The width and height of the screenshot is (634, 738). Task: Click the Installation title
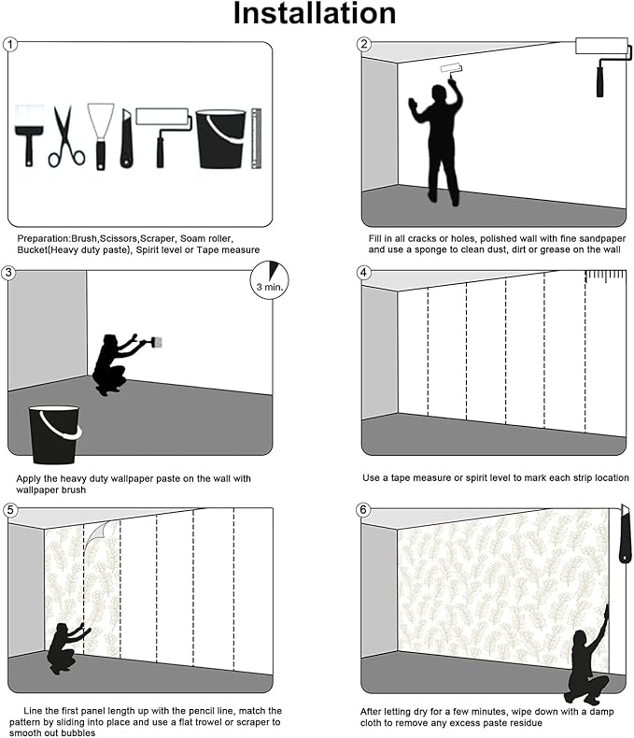click(x=315, y=13)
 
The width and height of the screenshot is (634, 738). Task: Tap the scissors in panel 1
click(x=66, y=136)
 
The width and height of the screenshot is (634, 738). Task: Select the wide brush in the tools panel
click(x=29, y=135)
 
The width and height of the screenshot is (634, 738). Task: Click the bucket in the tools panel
click(x=220, y=139)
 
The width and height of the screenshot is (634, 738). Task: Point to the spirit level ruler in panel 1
click(x=256, y=138)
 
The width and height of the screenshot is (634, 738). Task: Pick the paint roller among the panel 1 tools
click(x=162, y=136)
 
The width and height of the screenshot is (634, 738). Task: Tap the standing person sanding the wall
click(x=437, y=141)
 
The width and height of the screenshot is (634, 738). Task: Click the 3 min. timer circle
click(x=270, y=280)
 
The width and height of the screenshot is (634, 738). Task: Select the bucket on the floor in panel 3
click(x=54, y=434)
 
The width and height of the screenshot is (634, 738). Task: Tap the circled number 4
click(x=363, y=273)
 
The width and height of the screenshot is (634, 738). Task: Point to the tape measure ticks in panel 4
click(x=606, y=276)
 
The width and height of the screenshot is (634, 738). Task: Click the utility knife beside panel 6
click(x=625, y=533)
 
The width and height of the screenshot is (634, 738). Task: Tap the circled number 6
click(x=363, y=510)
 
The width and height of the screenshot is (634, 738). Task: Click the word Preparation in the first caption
click(x=43, y=238)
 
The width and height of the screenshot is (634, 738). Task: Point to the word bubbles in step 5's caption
click(x=77, y=732)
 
